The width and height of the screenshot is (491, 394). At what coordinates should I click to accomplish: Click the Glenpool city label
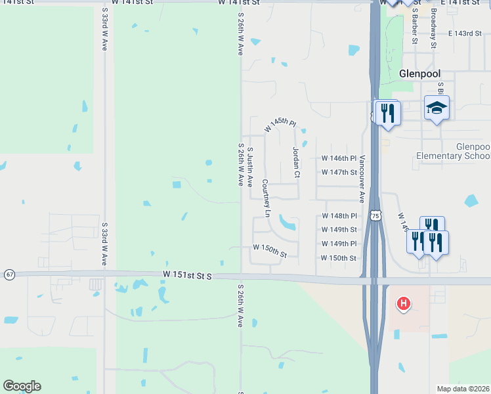click(419, 74)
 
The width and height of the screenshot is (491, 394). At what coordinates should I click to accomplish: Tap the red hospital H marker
click(404, 303)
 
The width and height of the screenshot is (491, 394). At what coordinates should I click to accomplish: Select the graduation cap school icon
click(437, 107)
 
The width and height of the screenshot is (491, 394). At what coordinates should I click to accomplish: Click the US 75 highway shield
click(375, 215)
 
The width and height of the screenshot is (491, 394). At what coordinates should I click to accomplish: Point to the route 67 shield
click(9, 274)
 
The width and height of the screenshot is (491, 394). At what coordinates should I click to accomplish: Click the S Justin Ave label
click(250, 167)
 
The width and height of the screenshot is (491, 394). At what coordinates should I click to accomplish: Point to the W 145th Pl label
click(281, 125)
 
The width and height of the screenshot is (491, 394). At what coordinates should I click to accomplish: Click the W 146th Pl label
click(339, 158)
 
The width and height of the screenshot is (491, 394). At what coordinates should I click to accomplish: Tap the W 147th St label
click(339, 172)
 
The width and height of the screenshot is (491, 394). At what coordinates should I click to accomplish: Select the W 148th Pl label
click(339, 216)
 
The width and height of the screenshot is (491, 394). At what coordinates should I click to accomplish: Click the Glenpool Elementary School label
click(453, 151)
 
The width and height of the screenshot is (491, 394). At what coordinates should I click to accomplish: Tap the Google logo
click(22, 386)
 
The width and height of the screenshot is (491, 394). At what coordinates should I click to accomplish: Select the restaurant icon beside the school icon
click(387, 112)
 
